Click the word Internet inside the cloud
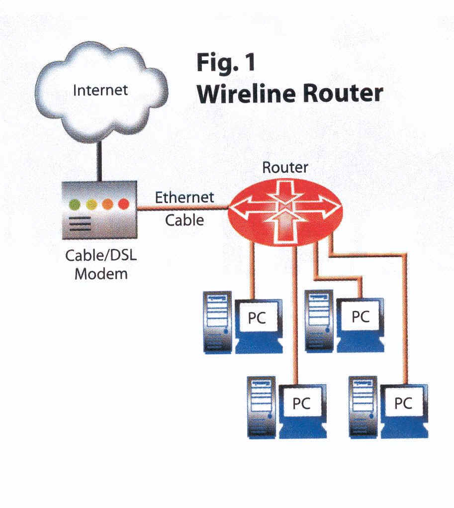(x=100, y=90)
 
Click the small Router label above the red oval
(x=285, y=167)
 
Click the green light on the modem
(x=75, y=204)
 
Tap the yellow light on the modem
(x=91, y=204)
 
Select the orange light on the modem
(x=107, y=204)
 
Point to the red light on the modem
(x=123, y=204)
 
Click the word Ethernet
(x=184, y=197)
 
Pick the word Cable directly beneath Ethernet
(x=184, y=219)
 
